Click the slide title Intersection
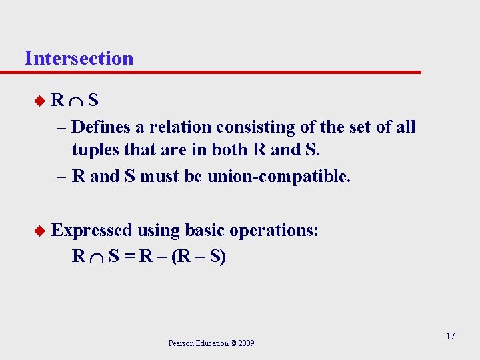79,58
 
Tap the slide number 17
451,335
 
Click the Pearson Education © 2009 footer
211,343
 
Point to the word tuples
95,149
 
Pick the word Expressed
93,231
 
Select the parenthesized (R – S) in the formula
198,257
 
